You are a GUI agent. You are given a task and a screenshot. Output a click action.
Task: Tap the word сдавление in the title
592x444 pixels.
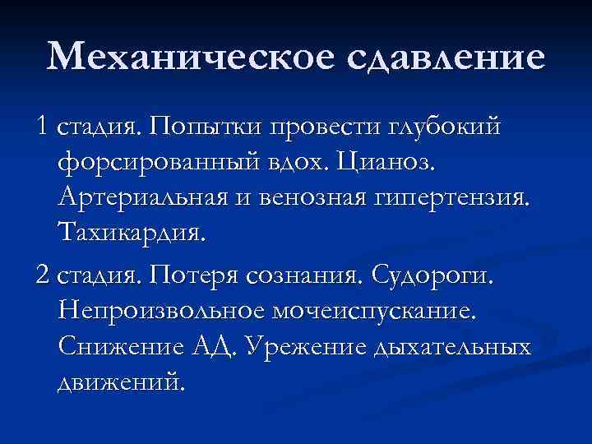(x=434, y=57)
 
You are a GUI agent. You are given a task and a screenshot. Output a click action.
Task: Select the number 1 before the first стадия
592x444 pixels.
(x=42, y=127)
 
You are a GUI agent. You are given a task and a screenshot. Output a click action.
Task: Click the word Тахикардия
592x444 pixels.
(x=133, y=234)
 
